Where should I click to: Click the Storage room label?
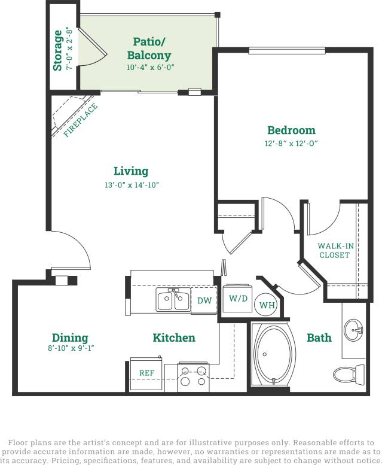pyautogui.click(x=58, y=51)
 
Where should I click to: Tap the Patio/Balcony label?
pyautogui.click(x=149, y=48)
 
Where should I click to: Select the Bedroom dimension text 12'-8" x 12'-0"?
pyautogui.click(x=291, y=144)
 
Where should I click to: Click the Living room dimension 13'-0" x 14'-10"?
pyautogui.click(x=131, y=186)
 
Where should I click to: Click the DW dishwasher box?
pyautogui.click(x=204, y=300)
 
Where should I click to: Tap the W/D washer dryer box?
pyautogui.click(x=238, y=299)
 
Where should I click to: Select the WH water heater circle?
pyautogui.click(x=267, y=305)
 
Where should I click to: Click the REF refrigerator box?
pyautogui.click(x=146, y=373)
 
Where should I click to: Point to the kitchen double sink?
pyautogui.click(x=173, y=300)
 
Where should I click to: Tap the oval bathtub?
pyautogui.click(x=274, y=354)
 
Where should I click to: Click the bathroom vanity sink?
pyautogui.click(x=354, y=329)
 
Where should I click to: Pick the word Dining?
pyautogui.click(x=70, y=338)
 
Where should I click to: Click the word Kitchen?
pyautogui.click(x=174, y=338)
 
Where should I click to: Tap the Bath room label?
pyautogui.click(x=319, y=338)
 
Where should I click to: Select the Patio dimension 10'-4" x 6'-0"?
pyautogui.click(x=149, y=68)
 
